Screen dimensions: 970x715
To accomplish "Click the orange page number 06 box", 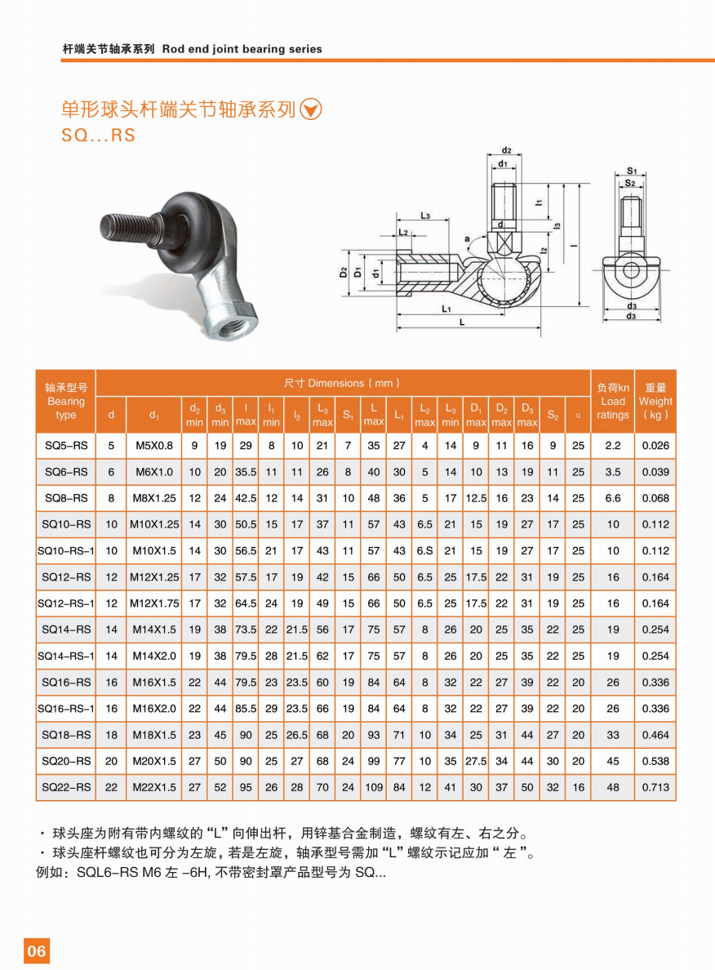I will pos(37,950).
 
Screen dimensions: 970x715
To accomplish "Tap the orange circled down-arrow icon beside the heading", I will pos(311,109).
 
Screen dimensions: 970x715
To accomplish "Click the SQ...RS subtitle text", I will pos(98,136).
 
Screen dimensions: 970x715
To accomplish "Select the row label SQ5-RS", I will pos(66,446).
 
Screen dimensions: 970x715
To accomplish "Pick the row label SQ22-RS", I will pos(66,787).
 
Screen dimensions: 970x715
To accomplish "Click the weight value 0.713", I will pos(655,787).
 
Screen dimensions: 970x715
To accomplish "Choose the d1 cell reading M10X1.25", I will pos(154,524).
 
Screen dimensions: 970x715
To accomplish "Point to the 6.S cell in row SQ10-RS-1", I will pos(424,551).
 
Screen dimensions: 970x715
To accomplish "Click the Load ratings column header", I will pos(613,401).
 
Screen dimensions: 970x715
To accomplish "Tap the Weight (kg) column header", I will pos(655,401).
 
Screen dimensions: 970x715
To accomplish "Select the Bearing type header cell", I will pos(66,401).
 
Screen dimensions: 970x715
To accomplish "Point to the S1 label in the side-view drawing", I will pos(631,171).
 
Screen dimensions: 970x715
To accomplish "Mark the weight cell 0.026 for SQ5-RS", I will pos(655,446).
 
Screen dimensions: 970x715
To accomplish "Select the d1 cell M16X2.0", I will pos(154,709).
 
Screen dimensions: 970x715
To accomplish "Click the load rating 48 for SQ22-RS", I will pos(613,787).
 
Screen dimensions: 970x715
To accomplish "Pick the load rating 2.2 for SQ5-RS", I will pos(613,446).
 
